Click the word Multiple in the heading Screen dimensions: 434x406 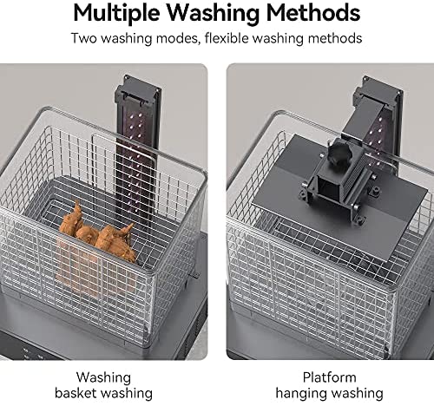click(116, 14)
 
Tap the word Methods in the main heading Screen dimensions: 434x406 click(313, 13)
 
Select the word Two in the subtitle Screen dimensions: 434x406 click(83, 38)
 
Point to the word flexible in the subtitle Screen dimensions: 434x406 click(227, 38)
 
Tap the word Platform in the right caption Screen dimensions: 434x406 click(329, 377)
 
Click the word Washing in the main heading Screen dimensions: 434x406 click(213, 14)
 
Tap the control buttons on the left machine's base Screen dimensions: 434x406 click(32, 353)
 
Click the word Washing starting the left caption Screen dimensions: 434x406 click(103, 377)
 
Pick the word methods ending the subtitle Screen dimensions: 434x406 click(335, 38)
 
